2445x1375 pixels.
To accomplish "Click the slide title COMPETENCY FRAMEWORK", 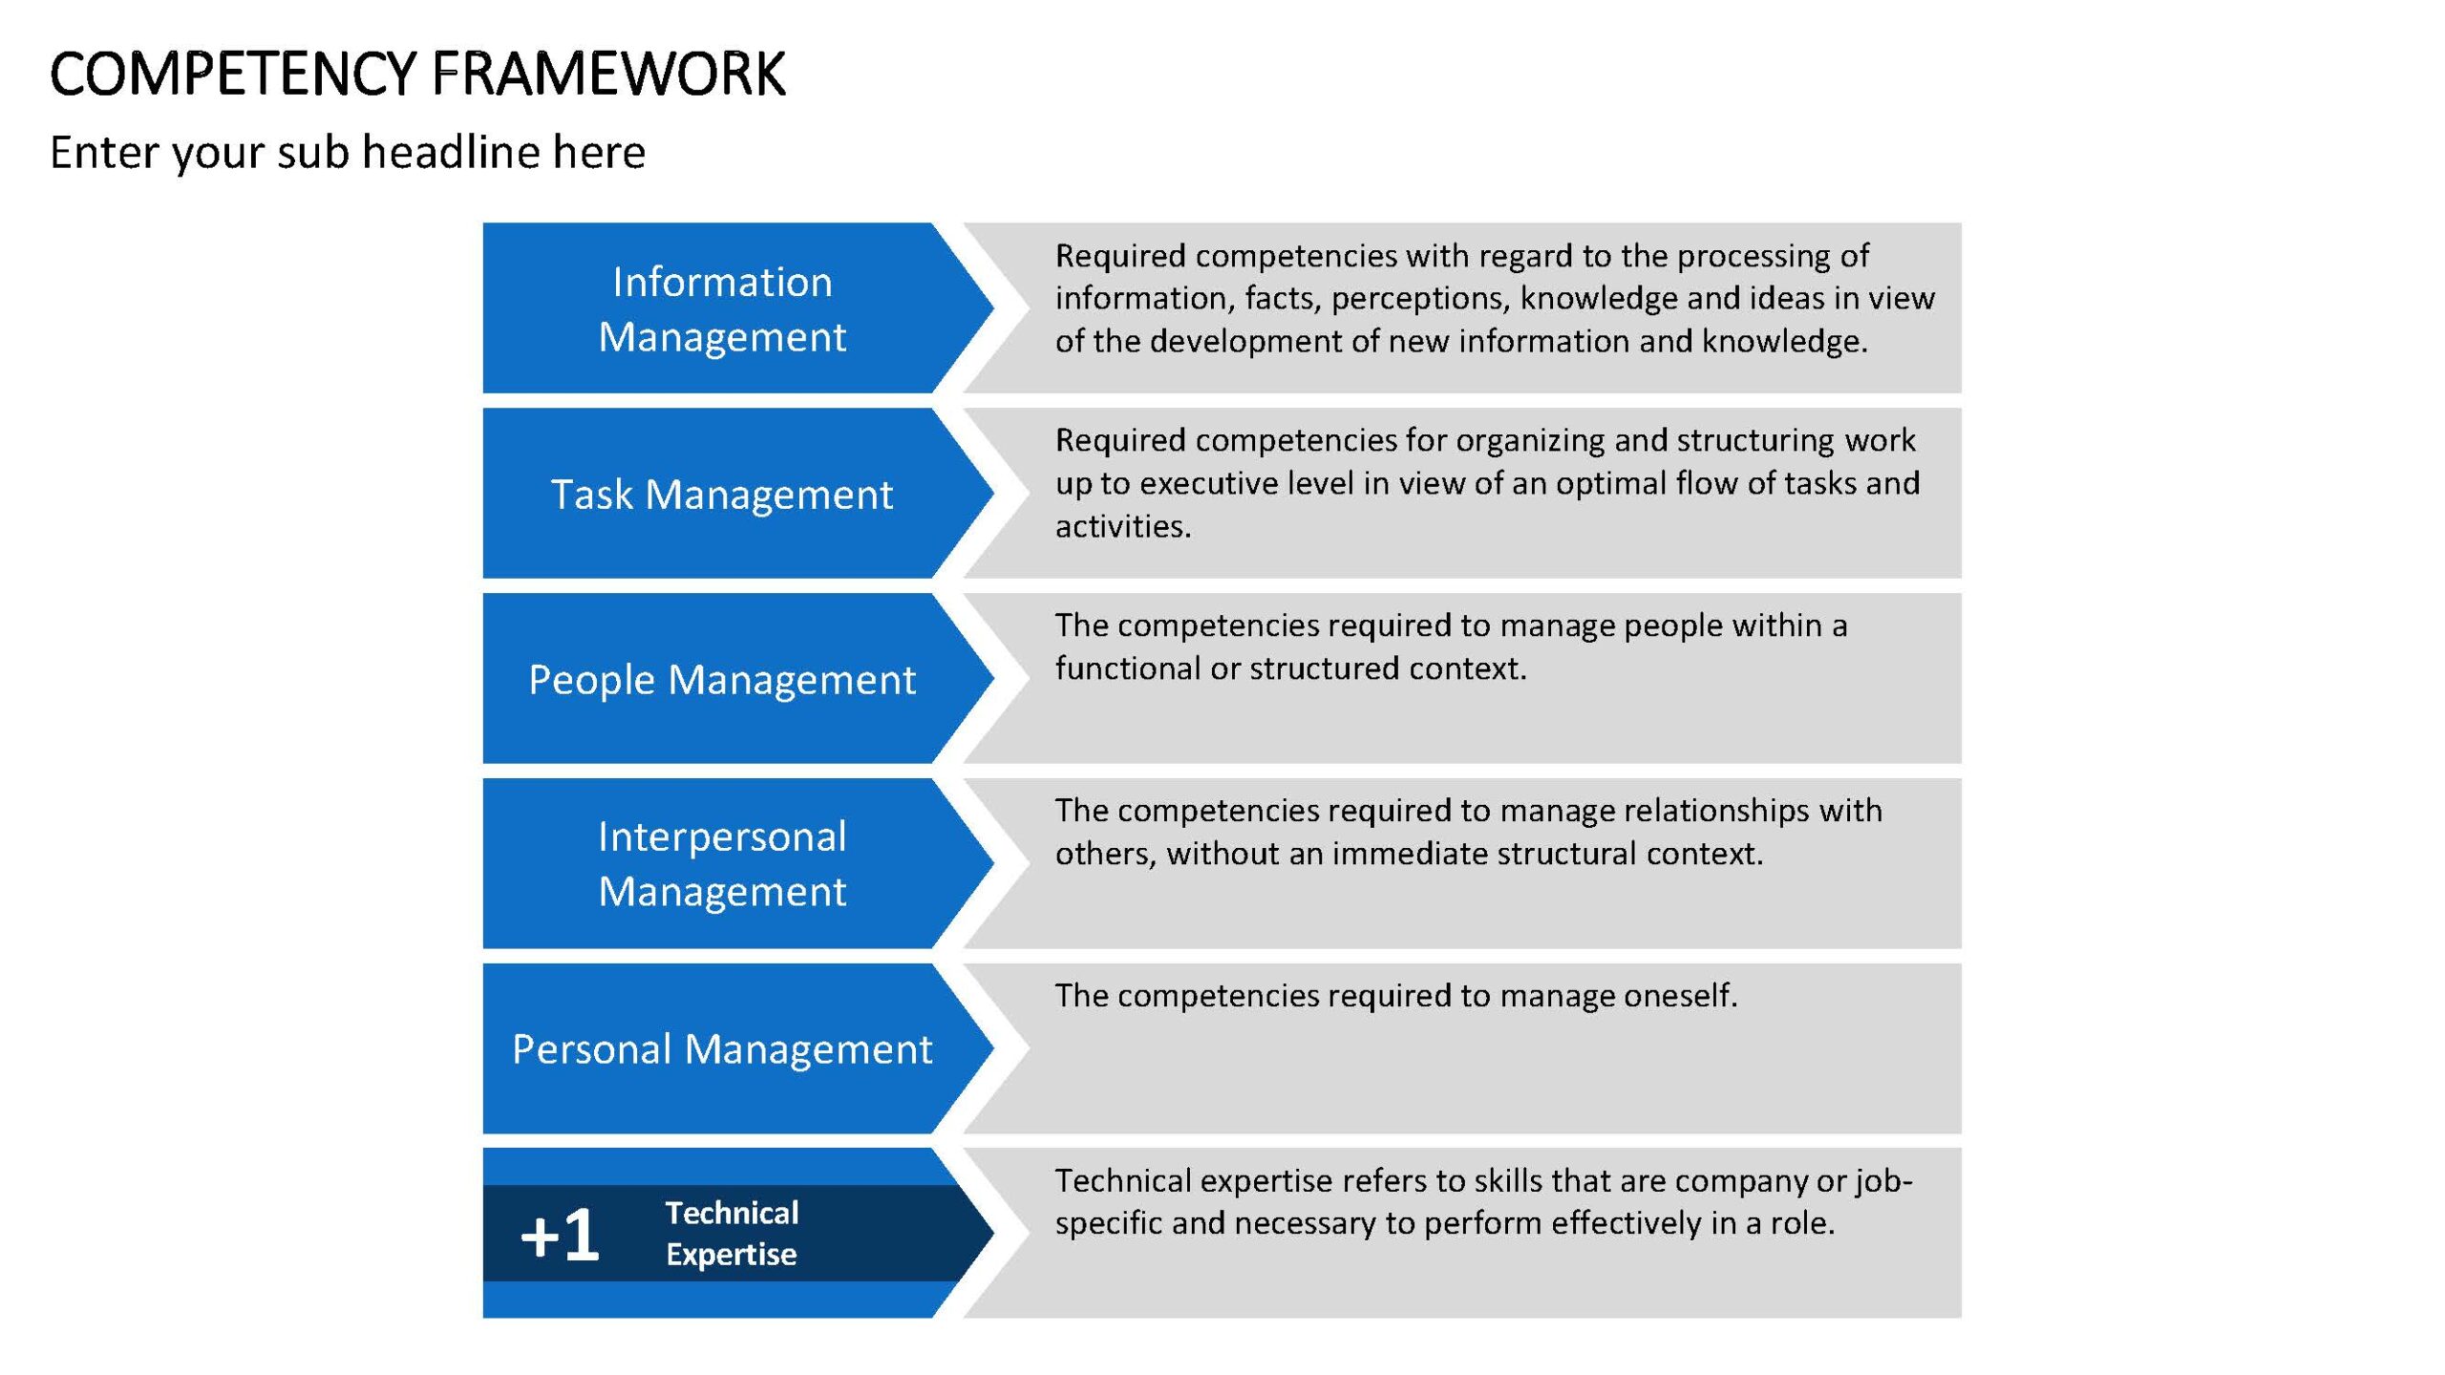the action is point(417,74).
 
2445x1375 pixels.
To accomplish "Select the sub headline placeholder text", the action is point(348,153).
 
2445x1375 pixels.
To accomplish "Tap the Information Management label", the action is point(722,309).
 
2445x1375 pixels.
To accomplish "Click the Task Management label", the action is point(722,495).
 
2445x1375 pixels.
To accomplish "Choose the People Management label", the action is point(722,681).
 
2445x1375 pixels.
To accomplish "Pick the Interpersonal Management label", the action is point(722,864).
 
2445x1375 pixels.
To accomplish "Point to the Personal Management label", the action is point(722,1049).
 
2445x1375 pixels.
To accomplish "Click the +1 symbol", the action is point(560,1235).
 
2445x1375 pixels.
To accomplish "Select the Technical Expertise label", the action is point(732,1234).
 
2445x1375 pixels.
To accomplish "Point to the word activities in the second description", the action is point(1123,526).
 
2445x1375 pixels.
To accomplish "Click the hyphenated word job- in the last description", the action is point(1883,1182).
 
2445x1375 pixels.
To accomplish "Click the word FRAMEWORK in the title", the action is point(608,74).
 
